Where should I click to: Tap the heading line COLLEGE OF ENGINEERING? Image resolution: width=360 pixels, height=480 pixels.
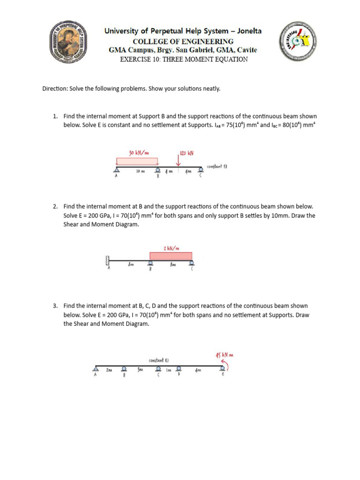(x=183, y=41)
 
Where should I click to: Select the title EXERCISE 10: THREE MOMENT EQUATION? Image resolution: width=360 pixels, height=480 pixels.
(x=184, y=59)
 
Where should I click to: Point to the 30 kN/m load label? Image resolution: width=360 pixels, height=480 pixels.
(x=139, y=152)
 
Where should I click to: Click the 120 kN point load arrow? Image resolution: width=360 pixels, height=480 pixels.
(x=179, y=161)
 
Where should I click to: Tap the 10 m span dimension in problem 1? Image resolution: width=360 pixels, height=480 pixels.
(x=140, y=172)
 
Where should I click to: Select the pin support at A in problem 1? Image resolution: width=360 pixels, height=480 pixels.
(x=116, y=170)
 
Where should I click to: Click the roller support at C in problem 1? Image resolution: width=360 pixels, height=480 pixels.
(x=201, y=169)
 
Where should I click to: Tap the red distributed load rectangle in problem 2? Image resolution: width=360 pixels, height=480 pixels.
(x=171, y=255)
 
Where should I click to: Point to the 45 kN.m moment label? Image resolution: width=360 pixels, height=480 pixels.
(x=224, y=355)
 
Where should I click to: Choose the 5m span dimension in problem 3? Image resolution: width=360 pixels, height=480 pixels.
(x=140, y=370)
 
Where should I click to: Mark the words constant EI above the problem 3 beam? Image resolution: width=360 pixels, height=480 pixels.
(x=158, y=360)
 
